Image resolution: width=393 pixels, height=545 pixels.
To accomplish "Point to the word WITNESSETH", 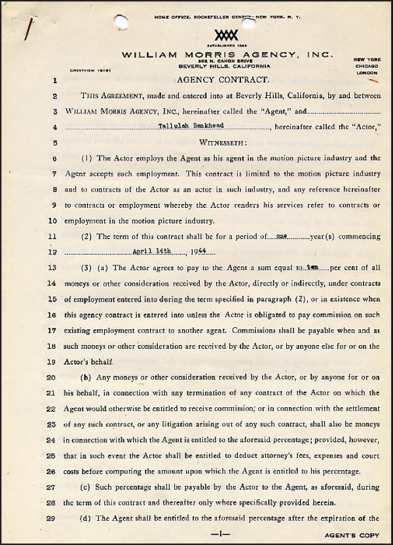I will pos(223,142).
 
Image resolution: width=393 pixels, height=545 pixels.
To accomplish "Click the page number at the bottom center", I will pos(223,535).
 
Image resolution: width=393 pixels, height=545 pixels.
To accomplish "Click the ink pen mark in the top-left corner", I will pos(28,28).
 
